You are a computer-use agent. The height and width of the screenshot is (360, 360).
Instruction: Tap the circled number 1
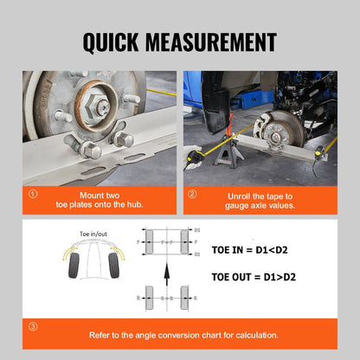click(33, 195)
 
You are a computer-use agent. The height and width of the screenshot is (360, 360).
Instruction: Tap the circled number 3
click(33, 327)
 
